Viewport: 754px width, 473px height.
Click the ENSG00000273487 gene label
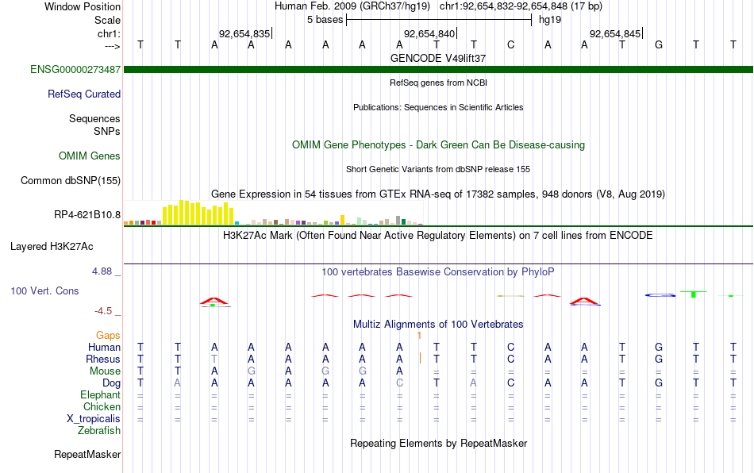[x=75, y=69]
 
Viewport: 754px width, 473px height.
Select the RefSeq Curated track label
[x=84, y=94]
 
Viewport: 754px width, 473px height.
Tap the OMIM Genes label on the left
[x=90, y=156]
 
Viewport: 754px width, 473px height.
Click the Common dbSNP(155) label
[x=71, y=180]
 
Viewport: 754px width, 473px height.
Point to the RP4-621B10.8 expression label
[x=87, y=214]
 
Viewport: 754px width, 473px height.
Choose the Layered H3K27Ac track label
[x=52, y=247]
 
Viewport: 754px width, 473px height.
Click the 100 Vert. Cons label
[x=44, y=290]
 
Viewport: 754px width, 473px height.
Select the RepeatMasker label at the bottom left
[x=87, y=454]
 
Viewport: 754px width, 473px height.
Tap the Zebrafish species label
[x=99, y=430]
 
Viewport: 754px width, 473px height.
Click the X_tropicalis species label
[x=94, y=419]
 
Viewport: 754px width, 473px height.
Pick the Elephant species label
[x=101, y=394]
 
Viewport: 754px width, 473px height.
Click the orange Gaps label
[x=108, y=335]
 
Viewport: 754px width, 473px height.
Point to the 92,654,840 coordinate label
[x=429, y=33]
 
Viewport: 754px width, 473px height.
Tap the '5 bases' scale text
[x=325, y=20]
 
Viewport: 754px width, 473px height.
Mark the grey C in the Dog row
[x=399, y=383]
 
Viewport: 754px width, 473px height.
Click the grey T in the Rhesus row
[x=214, y=359]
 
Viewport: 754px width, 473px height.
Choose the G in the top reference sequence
[x=659, y=44]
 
